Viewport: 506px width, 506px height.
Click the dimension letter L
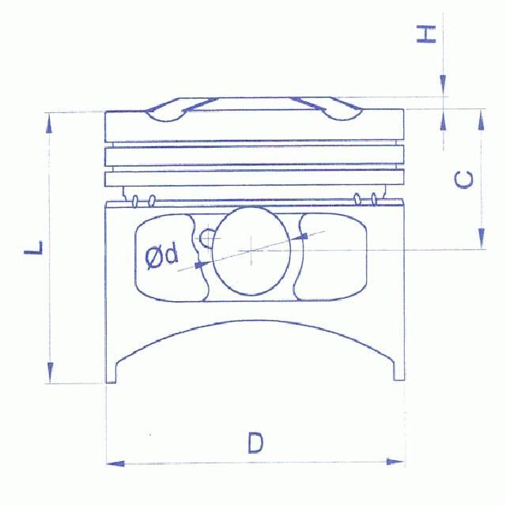coord(33,247)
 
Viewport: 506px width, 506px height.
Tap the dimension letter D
coord(254,443)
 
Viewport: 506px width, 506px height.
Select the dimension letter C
coord(466,179)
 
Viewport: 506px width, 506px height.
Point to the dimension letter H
coord(427,33)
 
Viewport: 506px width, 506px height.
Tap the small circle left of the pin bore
coord(207,237)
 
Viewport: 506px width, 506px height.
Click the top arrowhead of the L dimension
coord(51,121)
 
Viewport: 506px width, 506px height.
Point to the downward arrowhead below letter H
coord(444,86)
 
